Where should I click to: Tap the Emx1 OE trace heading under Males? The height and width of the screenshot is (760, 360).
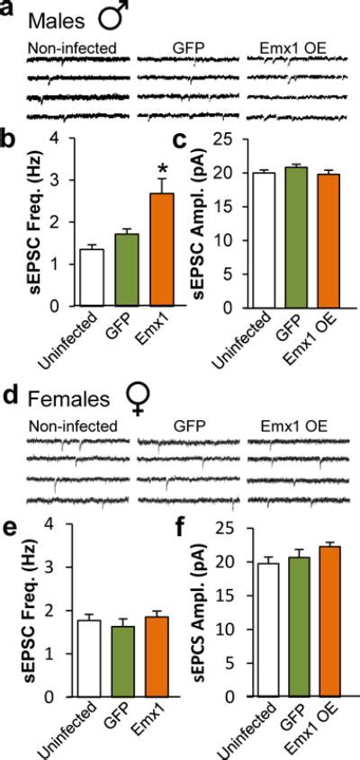click(x=282, y=47)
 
